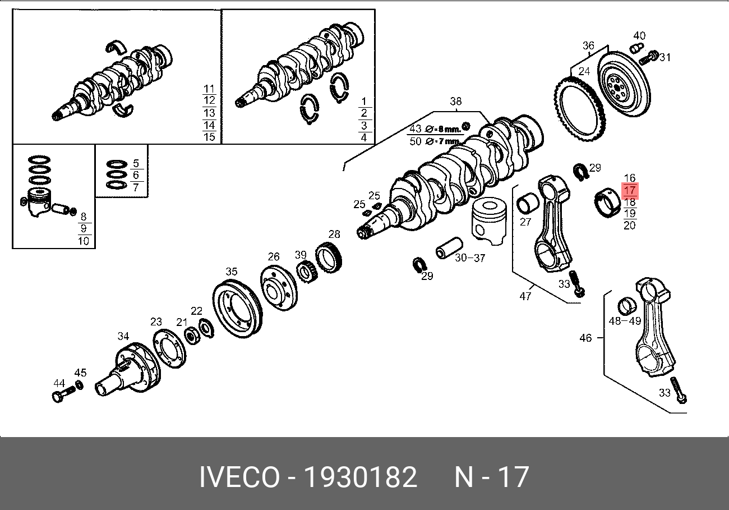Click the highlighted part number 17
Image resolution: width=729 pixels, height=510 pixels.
pos(630,190)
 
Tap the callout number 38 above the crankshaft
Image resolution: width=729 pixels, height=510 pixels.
pos(455,102)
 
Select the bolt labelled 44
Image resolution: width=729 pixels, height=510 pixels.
pos(63,395)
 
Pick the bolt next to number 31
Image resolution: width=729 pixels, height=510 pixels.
pos(648,58)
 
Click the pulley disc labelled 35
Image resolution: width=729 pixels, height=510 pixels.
pos(237,309)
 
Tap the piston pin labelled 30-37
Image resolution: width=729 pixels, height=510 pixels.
pos(449,248)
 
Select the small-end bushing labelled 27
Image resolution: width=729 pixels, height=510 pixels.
pos(527,205)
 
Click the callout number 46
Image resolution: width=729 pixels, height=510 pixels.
pos(585,338)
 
